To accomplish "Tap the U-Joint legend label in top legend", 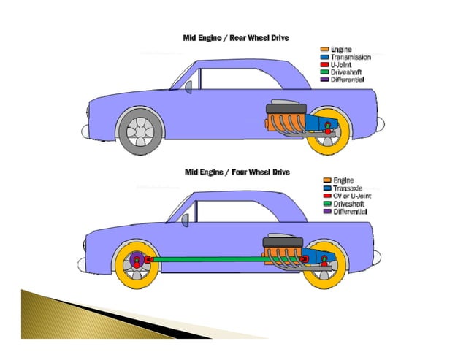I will click(341, 65).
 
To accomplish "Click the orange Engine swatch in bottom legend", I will click(326, 180).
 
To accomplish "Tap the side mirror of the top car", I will click(188, 88).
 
